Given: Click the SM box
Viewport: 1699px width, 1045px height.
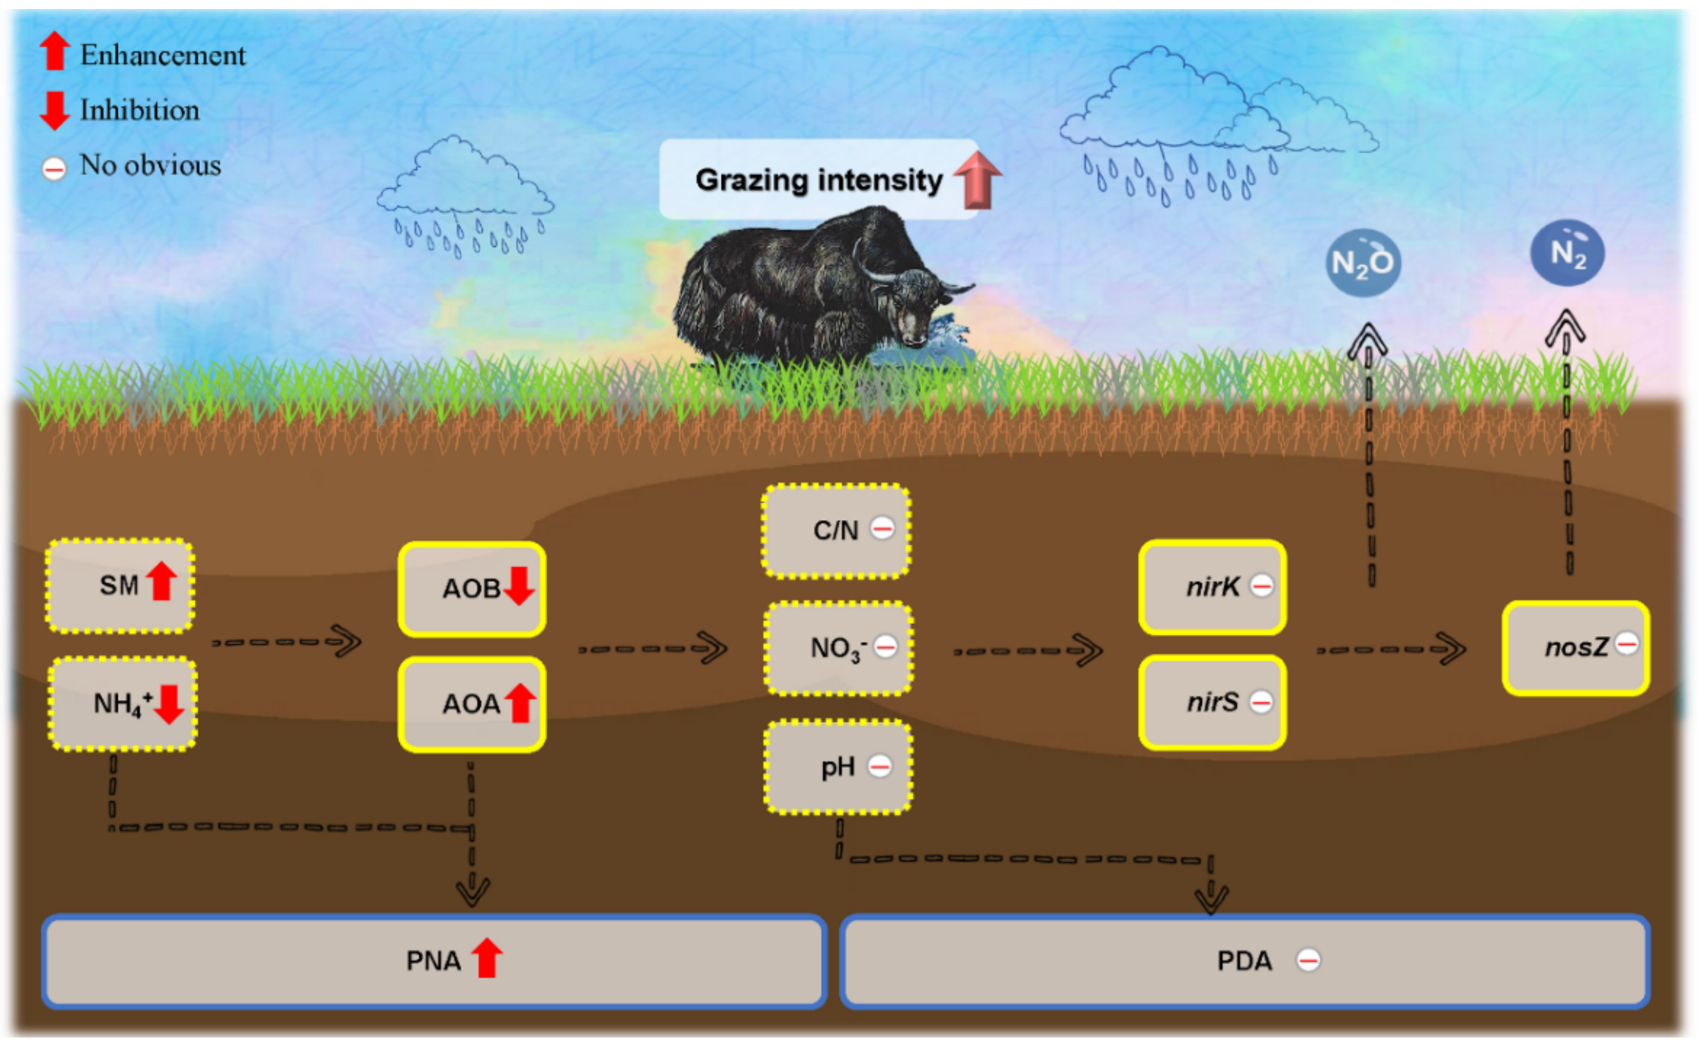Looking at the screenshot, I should point(120,586).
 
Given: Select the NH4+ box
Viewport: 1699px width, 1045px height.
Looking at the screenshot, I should point(122,704).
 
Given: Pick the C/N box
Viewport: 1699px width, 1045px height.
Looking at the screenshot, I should point(836,531).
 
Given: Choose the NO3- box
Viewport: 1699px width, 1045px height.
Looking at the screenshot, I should point(838,648).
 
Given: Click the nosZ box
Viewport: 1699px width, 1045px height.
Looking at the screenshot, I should point(1575,648).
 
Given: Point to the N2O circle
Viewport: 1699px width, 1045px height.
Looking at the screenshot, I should point(1362,263).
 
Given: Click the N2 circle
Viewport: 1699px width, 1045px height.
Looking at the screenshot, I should point(1567,253).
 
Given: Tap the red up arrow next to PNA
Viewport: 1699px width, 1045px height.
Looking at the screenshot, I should point(487,958).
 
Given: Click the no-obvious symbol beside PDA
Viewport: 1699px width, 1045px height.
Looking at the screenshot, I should point(1308,960).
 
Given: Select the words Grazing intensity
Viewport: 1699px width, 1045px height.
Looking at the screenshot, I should point(819,181).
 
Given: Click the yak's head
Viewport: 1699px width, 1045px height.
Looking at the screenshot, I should point(913,308).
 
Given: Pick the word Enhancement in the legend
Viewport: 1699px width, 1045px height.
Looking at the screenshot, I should point(162,55).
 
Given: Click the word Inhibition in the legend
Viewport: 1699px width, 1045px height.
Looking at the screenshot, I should point(139,111).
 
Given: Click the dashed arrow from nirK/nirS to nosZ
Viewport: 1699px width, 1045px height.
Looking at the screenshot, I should point(1391,649).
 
